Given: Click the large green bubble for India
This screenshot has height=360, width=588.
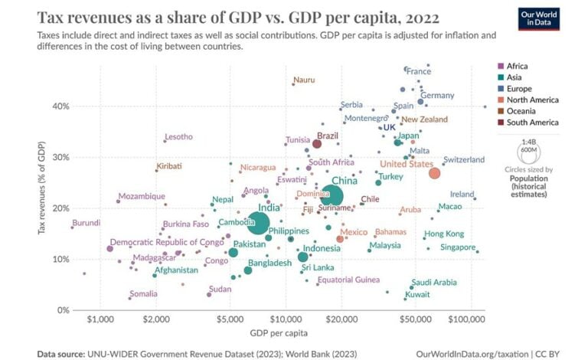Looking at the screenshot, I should (258, 224).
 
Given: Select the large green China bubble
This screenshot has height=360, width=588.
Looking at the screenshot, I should (332, 197).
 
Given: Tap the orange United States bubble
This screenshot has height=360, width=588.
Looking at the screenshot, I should (434, 174).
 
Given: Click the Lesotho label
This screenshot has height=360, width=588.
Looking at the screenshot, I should (178, 137).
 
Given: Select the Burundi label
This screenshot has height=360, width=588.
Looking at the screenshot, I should (86, 223).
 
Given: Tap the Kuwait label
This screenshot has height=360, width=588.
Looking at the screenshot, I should (417, 294).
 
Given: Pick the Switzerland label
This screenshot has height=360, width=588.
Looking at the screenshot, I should (463, 159).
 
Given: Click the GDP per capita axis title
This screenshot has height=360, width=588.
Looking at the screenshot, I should (279, 332).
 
